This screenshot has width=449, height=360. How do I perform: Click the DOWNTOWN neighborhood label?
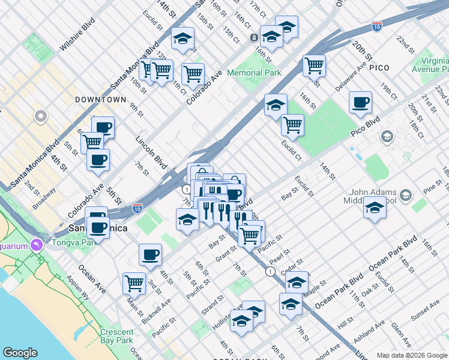pyautogui.click(x=100, y=100)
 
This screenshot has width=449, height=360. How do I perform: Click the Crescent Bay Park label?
pyautogui.click(x=117, y=337)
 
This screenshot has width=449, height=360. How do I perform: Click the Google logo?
pyautogui.click(x=20, y=353)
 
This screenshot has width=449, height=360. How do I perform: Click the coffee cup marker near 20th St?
pyautogui.click(x=360, y=103)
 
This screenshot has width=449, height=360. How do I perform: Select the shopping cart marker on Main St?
pyautogui.click(x=134, y=283)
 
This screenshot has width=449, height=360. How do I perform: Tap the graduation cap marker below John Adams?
pyautogui.click(x=375, y=209)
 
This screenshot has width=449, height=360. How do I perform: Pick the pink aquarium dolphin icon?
pyautogui.click(x=37, y=245)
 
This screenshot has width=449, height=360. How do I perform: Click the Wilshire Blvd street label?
pyautogui.click(x=78, y=38)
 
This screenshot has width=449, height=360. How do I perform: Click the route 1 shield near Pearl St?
pyautogui.click(x=271, y=272)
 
